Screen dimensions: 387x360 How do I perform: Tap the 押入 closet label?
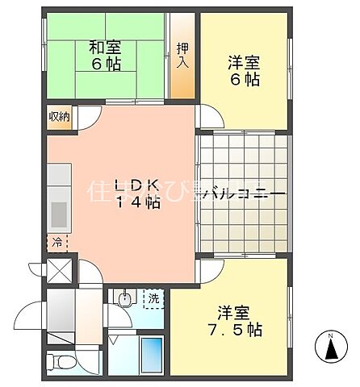pos(183,56)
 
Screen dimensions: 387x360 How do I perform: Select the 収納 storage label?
pos(59,117)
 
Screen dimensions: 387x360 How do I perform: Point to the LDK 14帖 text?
pos(137,193)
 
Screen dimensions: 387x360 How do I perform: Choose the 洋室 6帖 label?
pos(243,69)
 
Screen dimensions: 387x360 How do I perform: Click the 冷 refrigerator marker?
pos(56,240)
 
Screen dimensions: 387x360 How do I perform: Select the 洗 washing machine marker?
pos(153,299)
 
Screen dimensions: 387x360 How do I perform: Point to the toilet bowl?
pos(57,360)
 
